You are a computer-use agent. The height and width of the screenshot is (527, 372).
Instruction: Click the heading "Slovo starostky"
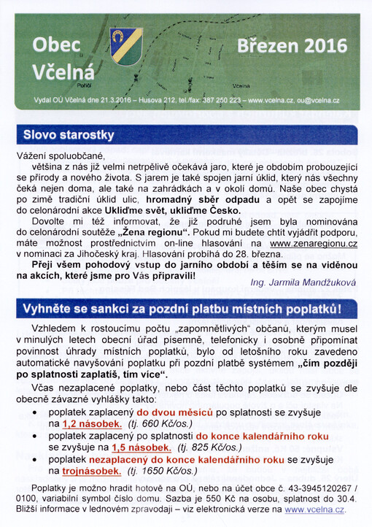point(69,136)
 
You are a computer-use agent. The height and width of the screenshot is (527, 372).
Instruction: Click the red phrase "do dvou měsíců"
point(179,411)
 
